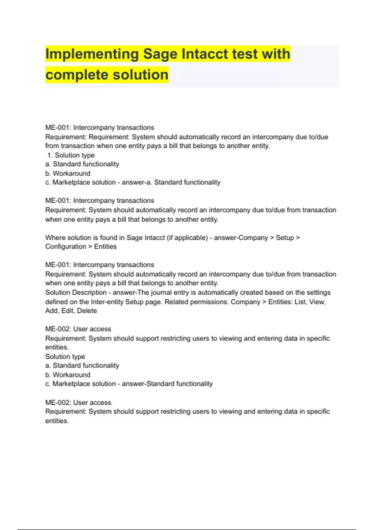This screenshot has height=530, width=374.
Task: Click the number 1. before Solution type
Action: [50, 155]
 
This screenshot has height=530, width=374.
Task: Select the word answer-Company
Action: [241, 238]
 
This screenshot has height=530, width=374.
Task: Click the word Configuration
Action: [65, 247]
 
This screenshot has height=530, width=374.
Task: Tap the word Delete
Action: [87, 311]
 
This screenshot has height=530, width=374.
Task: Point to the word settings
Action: [319, 292]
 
